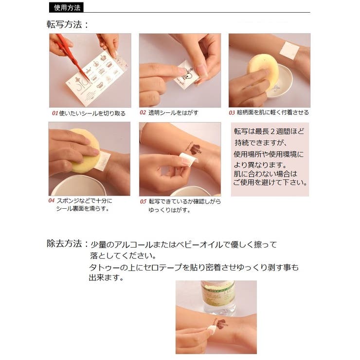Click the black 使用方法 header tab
[x=66, y=8]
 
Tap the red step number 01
[x=55, y=113]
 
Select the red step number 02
[x=143, y=112]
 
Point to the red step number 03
[x=232, y=113]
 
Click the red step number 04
[x=51, y=200]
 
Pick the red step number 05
[x=143, y=201]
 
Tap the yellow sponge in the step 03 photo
[x=262, y=67]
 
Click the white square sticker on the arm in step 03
[x=289, y=50]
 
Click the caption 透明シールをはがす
[x=173, y=113]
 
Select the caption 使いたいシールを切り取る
[x=92, y=113]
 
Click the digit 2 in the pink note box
[x=272, y=131]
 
